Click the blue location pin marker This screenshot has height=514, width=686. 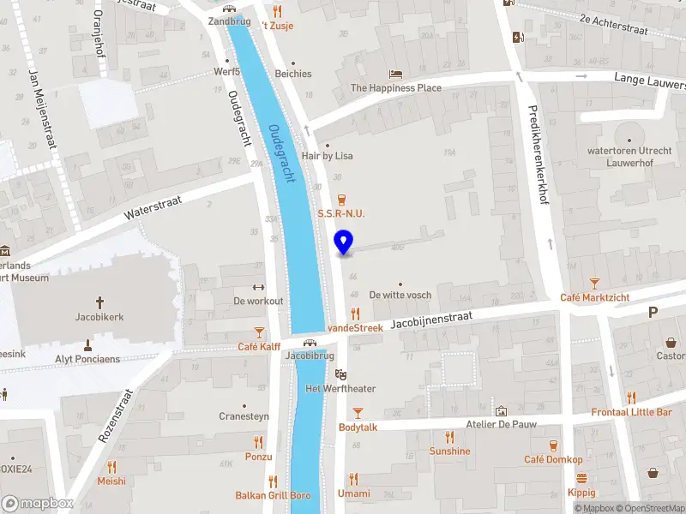pyautogui.click(x=344, y=242)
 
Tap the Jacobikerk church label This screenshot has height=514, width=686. pyautogui.click(x=99, y=317)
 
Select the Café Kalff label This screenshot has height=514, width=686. pyautogui.click(x=259, y=347)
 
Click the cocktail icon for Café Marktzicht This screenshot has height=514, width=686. pyautogui.click(x=595, y=283)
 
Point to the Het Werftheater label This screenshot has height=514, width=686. pyautogui.click(x=340, y=389)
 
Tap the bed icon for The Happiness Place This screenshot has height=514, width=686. pyautogui.click(x=395, y=75)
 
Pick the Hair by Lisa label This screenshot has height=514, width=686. pyautogui.click(x=327, y=156)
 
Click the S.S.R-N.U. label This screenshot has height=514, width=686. pyautogui.click(x=342, y=212)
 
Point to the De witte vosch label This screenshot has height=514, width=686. pyautogui.click(x=400, y=295)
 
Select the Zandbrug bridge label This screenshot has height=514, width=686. pyautogui.click(x=228, y=21)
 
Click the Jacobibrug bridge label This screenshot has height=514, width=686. pyautogui.click(x=310, y=355)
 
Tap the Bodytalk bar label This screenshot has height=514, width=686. pyautogui.click(x=358, y=427)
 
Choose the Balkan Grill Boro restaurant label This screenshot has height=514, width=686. pyautogui.click(x=273, y=495)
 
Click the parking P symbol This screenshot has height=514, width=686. pyautogui.click(x=653, y=313)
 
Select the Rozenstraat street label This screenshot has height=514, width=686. pyautogui.click(x=116, y=415)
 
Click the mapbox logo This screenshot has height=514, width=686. pyautogui.click(x=36, y=503)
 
